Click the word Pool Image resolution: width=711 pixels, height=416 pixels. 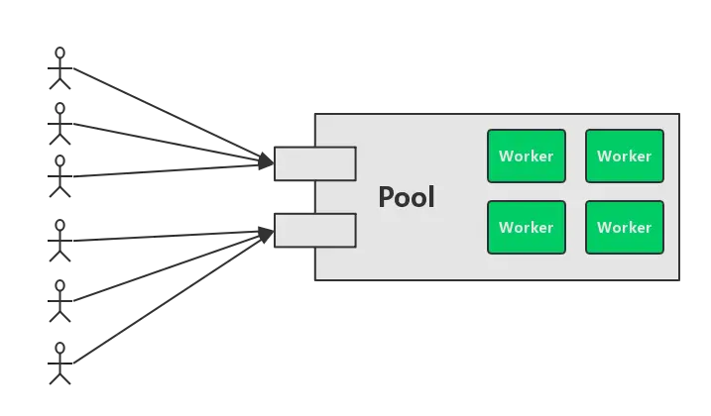tap(407, 198)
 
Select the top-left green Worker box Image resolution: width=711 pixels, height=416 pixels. tap(526, 156)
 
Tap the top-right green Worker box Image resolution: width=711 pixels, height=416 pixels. tap(624, 156)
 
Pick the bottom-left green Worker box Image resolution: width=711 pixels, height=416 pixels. tap(526, 227)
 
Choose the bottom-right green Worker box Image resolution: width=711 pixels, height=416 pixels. tap(624, 227)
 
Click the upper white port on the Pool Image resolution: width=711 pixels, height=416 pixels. tap(314, 163)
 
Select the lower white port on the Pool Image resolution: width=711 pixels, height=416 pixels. tap(314, 230)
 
